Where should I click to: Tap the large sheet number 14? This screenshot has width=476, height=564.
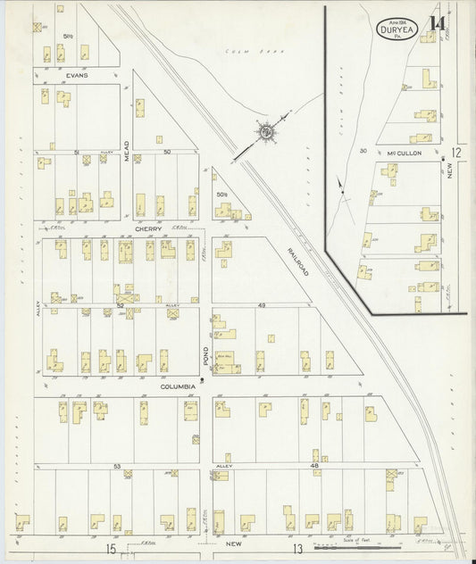437,24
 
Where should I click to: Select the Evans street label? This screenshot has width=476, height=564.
75,76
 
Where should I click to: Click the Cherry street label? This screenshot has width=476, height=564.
148,228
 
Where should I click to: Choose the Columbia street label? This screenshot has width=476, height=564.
178,386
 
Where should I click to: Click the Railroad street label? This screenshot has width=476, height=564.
298,261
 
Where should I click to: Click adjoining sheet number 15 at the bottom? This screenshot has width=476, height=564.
112,547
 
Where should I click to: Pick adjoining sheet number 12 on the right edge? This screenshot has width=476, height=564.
455,153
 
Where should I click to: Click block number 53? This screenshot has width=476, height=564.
117,466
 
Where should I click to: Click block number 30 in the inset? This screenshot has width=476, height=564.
363,151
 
